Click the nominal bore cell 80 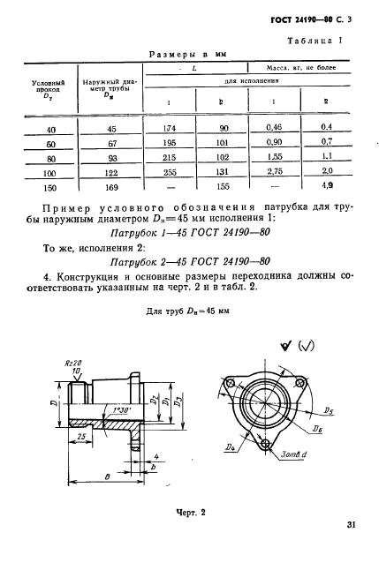tap(38, 159)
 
